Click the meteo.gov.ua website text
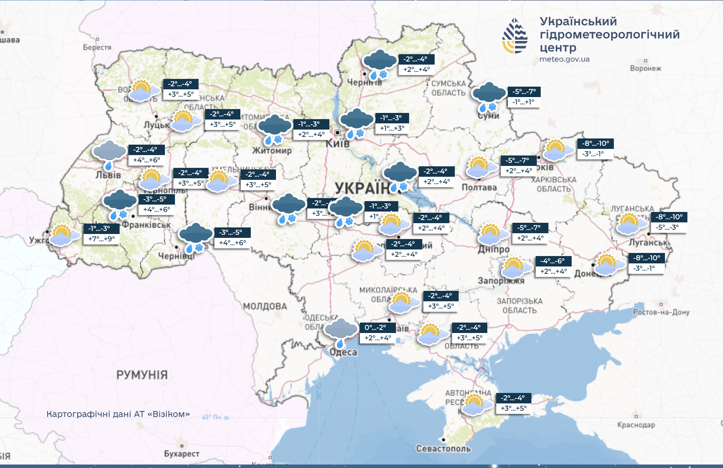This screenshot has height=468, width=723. click(564, 59)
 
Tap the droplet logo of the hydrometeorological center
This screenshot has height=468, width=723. click(515, 36)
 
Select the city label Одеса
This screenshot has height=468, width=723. click(343, 352)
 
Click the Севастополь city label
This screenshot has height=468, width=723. click(443, 448)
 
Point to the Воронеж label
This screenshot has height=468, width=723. click(646, 68)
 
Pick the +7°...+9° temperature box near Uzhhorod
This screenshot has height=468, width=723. click(101, 239)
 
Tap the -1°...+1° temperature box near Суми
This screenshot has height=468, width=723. click(523, 102)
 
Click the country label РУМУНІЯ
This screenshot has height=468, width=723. click(142, 374)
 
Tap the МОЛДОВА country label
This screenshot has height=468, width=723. click(265, 306)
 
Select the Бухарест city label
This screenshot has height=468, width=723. click(182, 453)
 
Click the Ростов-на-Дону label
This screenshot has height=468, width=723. click(661, 312)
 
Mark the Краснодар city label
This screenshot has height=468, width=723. click(636, 425)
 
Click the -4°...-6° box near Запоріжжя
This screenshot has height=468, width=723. click(553, 261)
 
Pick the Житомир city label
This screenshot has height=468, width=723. click(272, 150)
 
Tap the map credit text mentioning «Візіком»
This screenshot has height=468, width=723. click(118, 414)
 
